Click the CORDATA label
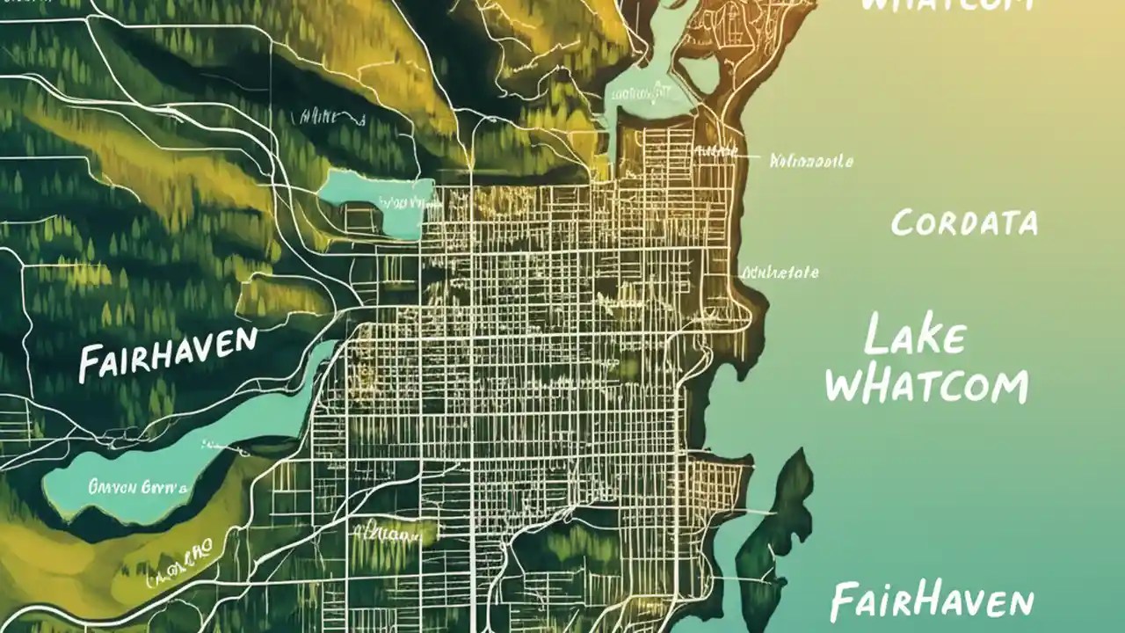point(964,222)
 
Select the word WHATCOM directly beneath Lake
point(928,385)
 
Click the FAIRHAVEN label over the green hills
point(167,353)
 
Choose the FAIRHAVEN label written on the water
point(932,601)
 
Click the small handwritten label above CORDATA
point(810,161)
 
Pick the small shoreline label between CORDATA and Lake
point(780,273)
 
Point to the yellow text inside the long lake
point(137,484)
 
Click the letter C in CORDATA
point(903,224)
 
